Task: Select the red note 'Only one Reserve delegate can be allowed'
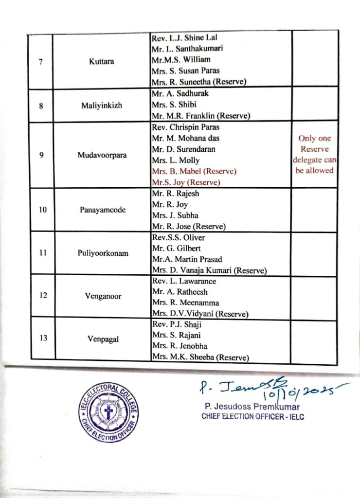[315, 154]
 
